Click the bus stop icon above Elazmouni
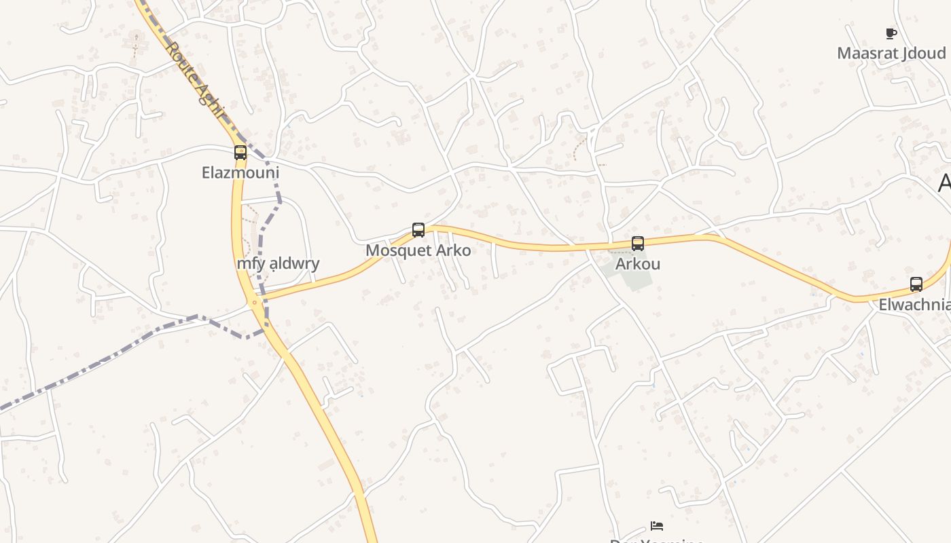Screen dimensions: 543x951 pyautogui.click(x=240, y=153)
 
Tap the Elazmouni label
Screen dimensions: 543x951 pyautogui.click(x=240, y=172)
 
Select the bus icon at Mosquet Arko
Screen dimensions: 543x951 pyautogui.click(x=418, y=230)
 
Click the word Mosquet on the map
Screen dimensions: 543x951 pyautogui.click(x=397, y=250)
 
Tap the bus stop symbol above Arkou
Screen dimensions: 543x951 pyautogui.click(x=638, y=244)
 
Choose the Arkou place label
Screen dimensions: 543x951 pyautogui.click(x=638, y=264)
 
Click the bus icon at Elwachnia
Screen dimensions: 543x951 pyautogui.click(x=916, y=284)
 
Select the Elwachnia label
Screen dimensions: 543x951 pyautogui.click(x=914, y=305)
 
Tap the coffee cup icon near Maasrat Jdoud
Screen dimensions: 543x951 pyautogui.click(x=891, y=33)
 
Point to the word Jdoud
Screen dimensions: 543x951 pyautogui.click(x=925, y=53)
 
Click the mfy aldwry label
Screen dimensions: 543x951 pyautogui.click(x=278, y=263)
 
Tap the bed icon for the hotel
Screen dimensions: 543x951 pyautogui.click(x=656, y=525)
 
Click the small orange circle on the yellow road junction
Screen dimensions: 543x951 pyautogui.click(x=255, y=302)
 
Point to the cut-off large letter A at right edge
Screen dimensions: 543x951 pyautogui.click(x=944, y=183)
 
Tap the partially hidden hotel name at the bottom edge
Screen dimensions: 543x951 pyautogui.click(x=656, y=540)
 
